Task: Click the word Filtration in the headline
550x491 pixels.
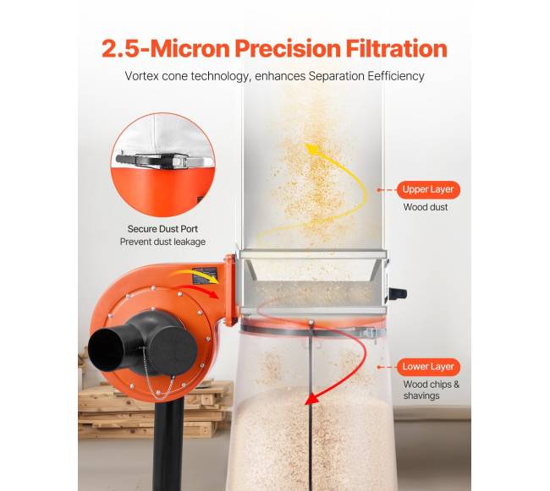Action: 396,48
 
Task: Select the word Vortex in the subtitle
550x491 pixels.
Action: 141,76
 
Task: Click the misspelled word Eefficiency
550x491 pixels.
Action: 396,76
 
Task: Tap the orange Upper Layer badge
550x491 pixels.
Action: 428,189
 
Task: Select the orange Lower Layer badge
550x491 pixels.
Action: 428,367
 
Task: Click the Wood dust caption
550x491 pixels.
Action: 426,207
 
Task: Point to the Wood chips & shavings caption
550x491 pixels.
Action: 431,390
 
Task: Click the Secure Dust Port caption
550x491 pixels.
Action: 162,229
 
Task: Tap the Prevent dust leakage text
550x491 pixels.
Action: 162,242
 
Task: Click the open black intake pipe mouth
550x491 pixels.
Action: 105,350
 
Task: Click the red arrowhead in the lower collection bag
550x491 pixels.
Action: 312,398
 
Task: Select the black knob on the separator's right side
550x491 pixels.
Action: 399,293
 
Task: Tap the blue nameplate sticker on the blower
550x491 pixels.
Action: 205,276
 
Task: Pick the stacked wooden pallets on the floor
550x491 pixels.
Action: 154,409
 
